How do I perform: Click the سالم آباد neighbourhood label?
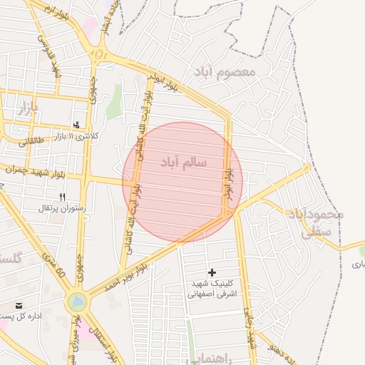coord(182,162)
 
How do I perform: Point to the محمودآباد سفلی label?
coord(317,222)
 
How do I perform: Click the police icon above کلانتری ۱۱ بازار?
coord(77,125)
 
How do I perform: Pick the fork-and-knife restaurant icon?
coord(63,197)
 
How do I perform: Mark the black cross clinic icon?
coord(212,272)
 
